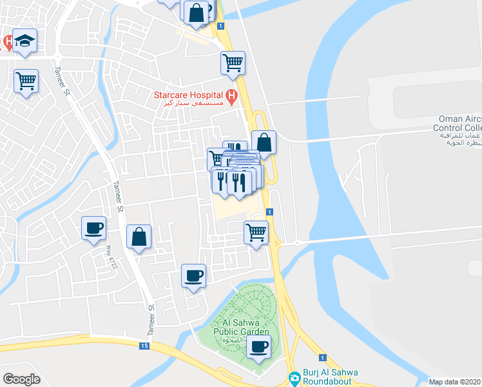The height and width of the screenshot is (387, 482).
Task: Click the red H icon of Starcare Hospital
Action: pyautogui.click(x=232, y=96)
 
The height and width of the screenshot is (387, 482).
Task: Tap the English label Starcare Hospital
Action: pyautogui.click(x=188, y=95)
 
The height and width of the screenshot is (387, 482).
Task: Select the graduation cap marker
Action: pyautogui.click(x=24, y=41)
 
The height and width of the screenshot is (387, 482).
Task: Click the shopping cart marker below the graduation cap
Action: pyautogui.click(x=26, y=81)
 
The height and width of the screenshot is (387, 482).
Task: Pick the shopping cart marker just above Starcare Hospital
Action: pyautogui.click(x=233, y=63)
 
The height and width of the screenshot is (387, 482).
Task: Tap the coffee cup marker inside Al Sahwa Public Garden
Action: pyautogui.click(x=258, y=346)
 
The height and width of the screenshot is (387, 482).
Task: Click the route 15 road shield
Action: pyautogui.click(x=144, y=346)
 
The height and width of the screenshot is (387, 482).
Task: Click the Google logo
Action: pyautogui.click(x=22, y=379)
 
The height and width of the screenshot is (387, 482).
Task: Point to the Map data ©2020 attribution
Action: pyautogui.click(x=454, y=382)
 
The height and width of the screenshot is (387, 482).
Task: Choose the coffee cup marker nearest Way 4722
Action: pyautogui.click(x=94, y=228)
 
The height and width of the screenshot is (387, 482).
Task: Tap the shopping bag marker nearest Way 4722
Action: pyautogui.click(x=139, y=237)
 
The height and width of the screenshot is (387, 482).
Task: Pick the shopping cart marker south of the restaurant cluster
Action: pyautogui.click(x=256, y=232)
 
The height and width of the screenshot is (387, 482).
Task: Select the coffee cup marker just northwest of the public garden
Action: pyautogui.click(x=193, y=276)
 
